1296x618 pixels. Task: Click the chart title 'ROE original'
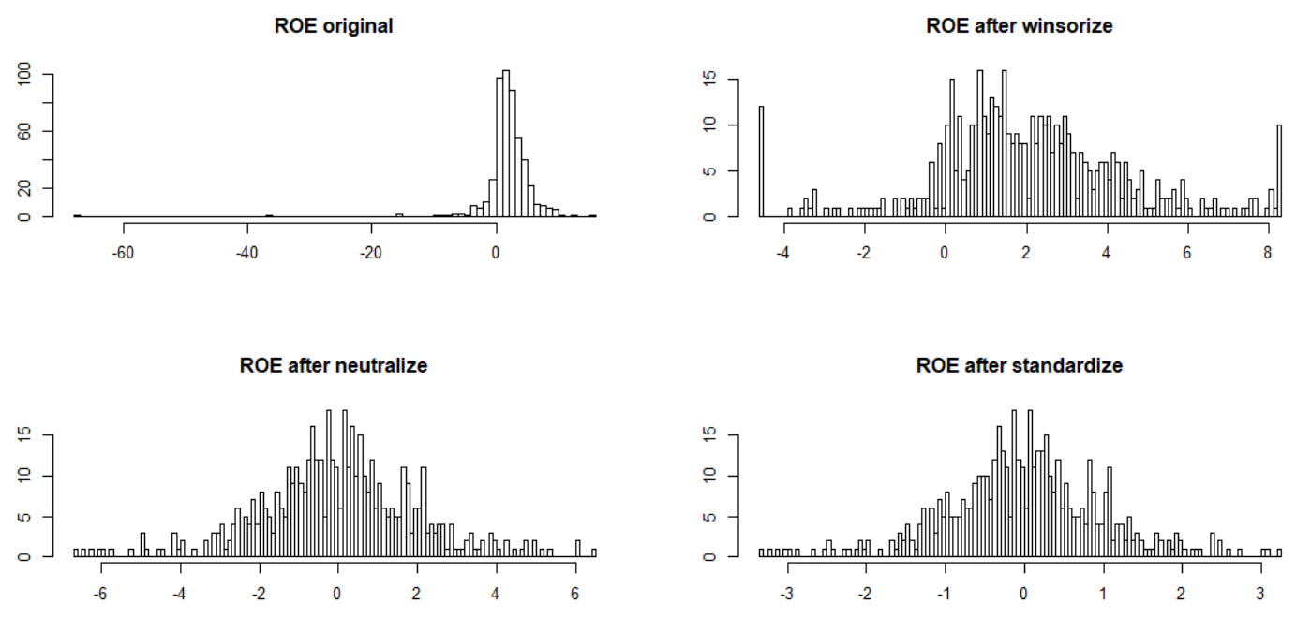(334, 26)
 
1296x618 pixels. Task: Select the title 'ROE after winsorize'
(1019, 26)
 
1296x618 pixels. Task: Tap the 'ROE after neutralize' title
(334, 365)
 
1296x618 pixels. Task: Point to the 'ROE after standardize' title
(1019, 365)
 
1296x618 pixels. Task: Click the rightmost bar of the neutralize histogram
(594, 552)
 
